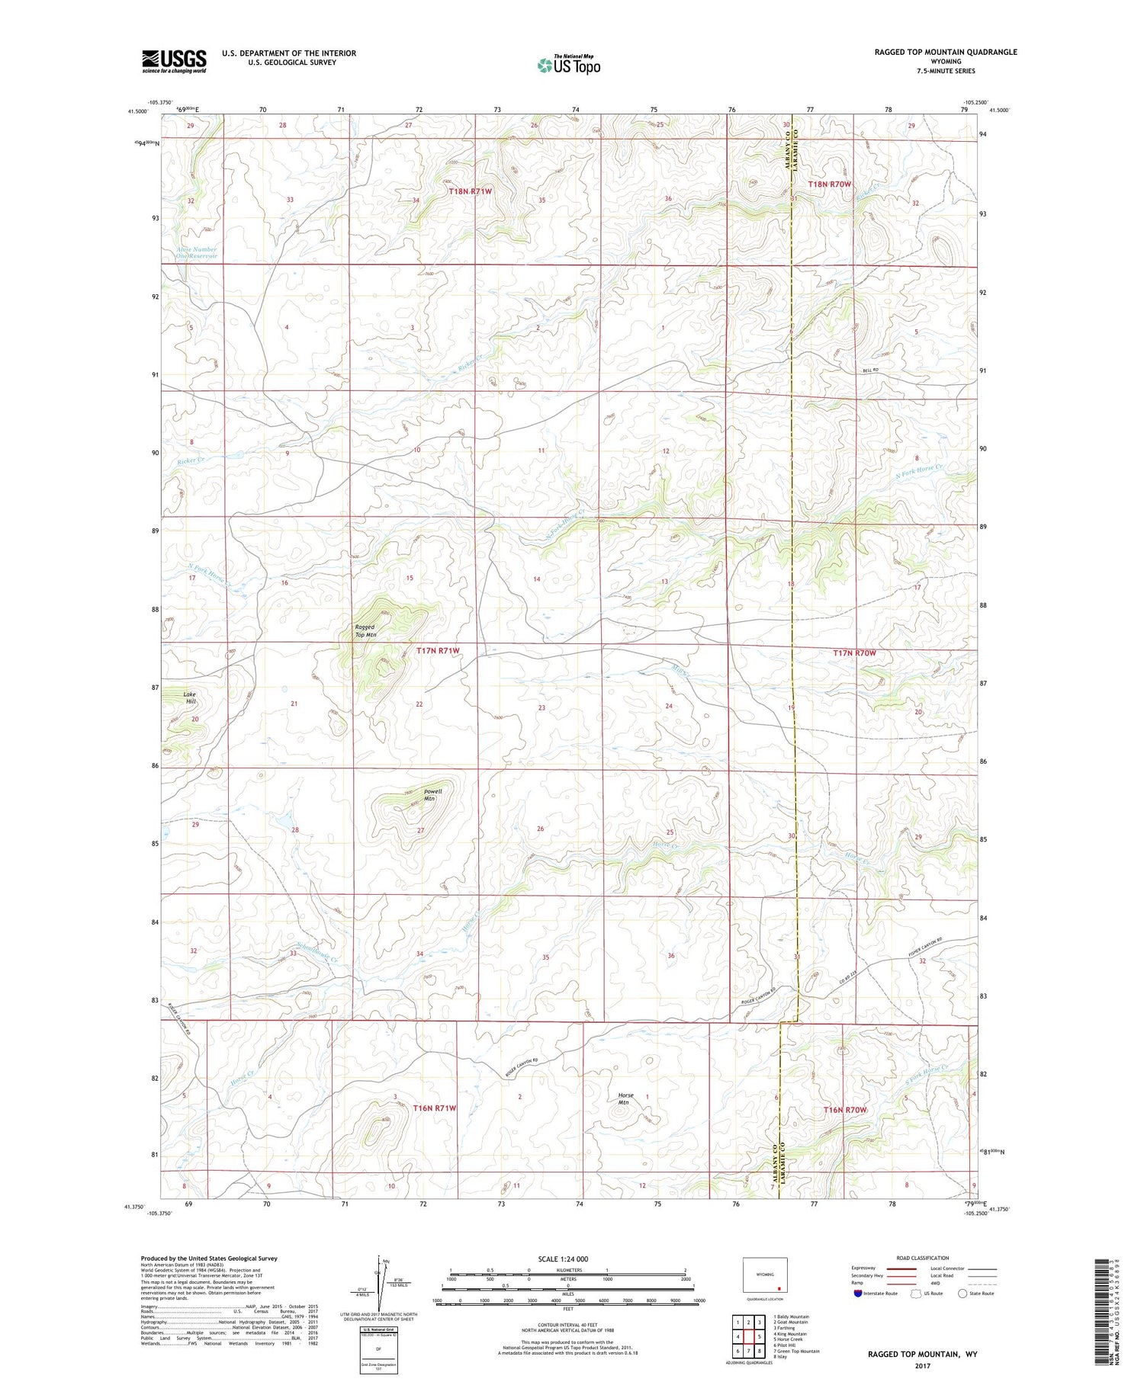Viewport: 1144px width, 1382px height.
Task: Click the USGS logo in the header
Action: tap(174, 62)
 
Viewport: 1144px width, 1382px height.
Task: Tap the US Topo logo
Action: tap(568, 66)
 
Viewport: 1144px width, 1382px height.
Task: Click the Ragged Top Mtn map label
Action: tap(365, 630)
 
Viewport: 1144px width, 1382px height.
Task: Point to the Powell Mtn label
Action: tap(429, 795)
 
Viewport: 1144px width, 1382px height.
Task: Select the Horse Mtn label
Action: tap(625, 1098)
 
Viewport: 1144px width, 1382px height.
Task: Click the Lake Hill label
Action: tap(190, 697)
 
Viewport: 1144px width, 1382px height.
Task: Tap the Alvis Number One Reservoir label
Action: tap(196, 252)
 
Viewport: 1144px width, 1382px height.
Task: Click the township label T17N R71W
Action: tap(438, 650)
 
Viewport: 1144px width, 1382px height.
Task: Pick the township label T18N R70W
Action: tap(829, 184)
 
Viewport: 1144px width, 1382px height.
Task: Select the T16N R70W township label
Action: tap(845, 1110)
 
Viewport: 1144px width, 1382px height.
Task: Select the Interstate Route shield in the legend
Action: tap(858, 1294)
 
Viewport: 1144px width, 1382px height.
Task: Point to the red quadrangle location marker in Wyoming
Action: tap(779, 1290)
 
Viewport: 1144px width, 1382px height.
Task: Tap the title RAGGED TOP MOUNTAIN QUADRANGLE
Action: tap(946, 52)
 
